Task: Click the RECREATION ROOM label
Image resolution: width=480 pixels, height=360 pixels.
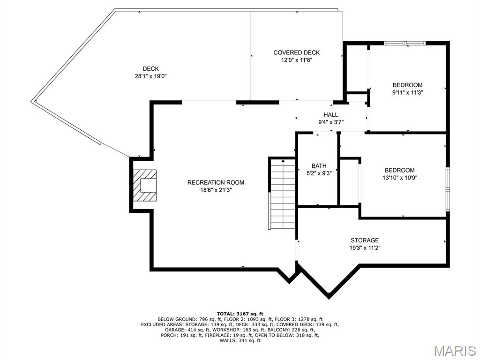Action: click(x=216, y=182)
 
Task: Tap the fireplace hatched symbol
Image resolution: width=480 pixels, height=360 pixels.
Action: click(x=145, y=186)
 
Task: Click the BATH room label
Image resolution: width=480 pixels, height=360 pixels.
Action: click(x=319, y=166)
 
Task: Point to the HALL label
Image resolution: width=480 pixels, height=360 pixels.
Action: click(x=331, y=115)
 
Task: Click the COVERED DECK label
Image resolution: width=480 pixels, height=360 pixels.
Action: click(x=296, y=52)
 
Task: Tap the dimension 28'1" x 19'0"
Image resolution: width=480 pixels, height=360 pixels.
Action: click(x=150, y=76)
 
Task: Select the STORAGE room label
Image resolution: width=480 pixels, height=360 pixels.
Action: click(x=365, y=240)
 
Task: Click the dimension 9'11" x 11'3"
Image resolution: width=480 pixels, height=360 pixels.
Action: click(x=407, y=92)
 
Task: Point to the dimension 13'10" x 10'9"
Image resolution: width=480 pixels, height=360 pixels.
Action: click(x=399, y=178)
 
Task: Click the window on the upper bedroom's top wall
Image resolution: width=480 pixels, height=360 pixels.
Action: click(x=405, y=43)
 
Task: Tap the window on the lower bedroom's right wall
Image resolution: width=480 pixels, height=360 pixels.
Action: click(x=448, y=189)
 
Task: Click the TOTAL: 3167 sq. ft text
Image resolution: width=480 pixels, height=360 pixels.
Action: click(x=240, y=314)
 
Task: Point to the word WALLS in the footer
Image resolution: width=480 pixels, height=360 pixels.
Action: click(x=227, y=340)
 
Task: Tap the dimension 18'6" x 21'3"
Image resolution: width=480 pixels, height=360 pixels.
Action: click(x=216, y=190)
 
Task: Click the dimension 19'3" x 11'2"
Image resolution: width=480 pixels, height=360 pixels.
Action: click(x=365, y=248)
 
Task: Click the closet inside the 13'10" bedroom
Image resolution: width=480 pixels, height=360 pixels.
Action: click(x=349, y=182)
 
